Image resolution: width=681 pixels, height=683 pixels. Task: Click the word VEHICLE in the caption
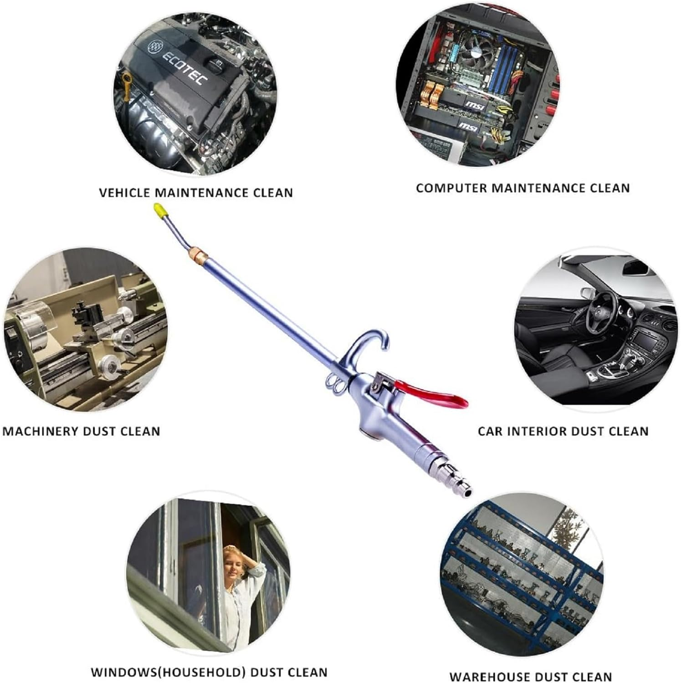[125, 193]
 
